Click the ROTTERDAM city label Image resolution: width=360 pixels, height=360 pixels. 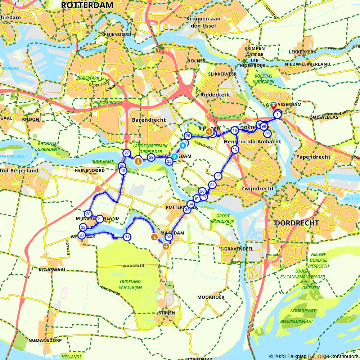[87, 5]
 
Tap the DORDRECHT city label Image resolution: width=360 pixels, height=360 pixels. [297, 223]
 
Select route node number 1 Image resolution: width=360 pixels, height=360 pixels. [278, 114]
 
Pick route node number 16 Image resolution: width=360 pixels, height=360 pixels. [235, 130]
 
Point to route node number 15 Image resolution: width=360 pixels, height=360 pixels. [235, 149]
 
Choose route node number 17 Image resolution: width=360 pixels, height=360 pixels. [218, 176]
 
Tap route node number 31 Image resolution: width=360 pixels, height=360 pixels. [127, 237]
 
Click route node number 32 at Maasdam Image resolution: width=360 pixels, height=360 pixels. [168, 237]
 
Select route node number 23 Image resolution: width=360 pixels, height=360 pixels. [82, 235]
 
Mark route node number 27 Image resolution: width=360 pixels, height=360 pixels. [126, 153]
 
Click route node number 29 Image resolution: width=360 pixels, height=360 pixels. [151, 157]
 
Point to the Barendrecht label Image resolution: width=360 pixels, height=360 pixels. [149, 120]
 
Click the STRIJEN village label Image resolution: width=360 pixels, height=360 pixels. [167, 313]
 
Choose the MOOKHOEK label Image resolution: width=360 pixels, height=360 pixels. [211, 297]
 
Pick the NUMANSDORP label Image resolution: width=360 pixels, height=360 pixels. [45, 340]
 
